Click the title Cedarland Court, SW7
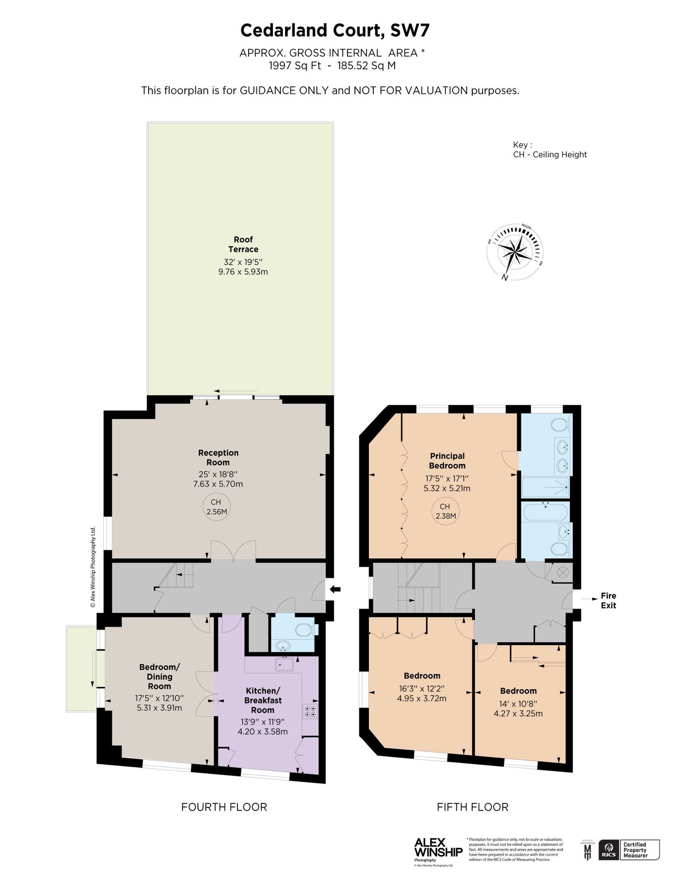[x=335, y=31]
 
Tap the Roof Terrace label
[x=243, y=244]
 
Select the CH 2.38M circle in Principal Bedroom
[x=446, y=511]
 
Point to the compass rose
[x=515, y=251]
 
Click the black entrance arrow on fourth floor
[x=335, y=590]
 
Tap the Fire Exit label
[x=608, y=600]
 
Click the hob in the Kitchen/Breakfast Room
[x=310, y=711]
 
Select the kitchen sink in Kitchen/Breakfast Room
[x=284, y=664]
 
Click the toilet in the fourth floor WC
[x=305, y=629]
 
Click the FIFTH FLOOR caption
[x=472, y=807]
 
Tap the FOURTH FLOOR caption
[x=224, y=807]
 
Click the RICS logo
[x=609, y=850]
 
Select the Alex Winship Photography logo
[x=438, y=848]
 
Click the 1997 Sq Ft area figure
[x=295, y=66]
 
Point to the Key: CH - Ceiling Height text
[x=549, y=150]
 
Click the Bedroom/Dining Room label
[x=159, y=676]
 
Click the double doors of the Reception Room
[x=233, y=551]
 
